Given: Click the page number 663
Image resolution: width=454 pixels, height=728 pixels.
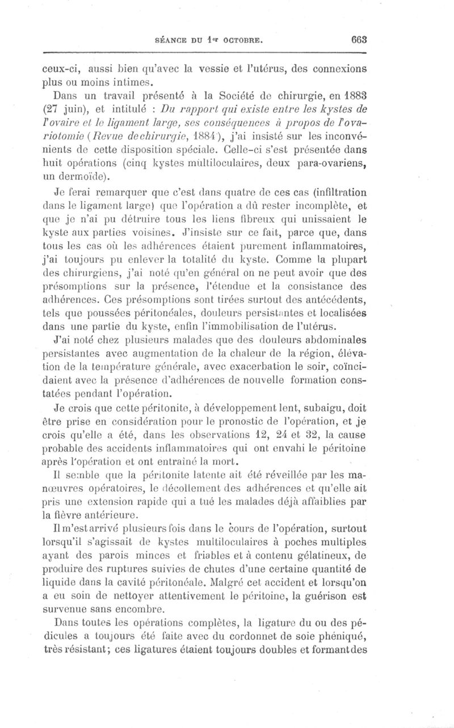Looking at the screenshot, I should coord(359,41).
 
